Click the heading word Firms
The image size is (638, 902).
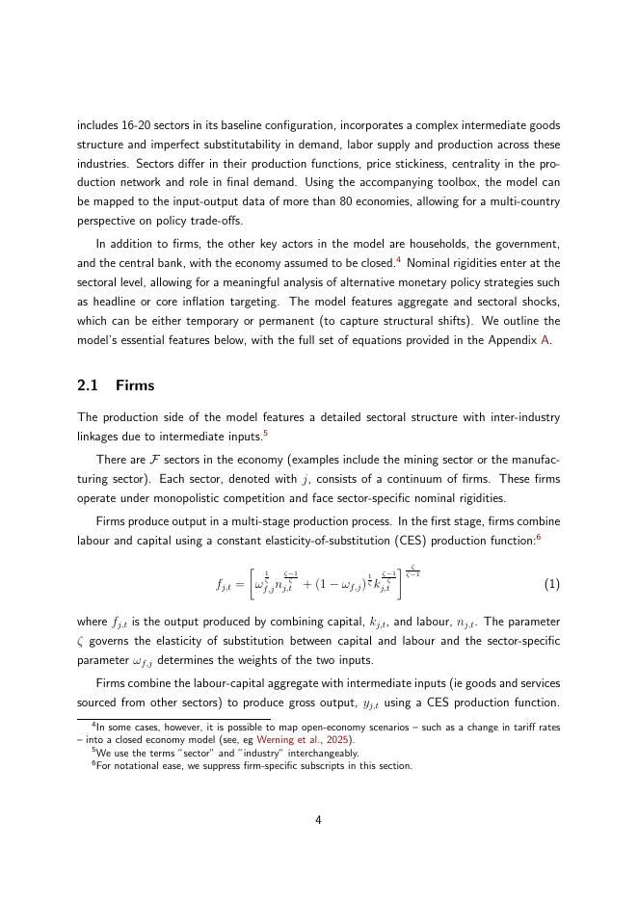pyautogui.click(x=135, y=385)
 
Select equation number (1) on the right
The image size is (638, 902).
pyautogui.click(x=552, y=584)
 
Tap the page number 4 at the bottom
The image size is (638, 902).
pyautogui.click(x=318, y=820)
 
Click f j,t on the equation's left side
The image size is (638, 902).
pyautogui.click(x=226, y=585)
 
